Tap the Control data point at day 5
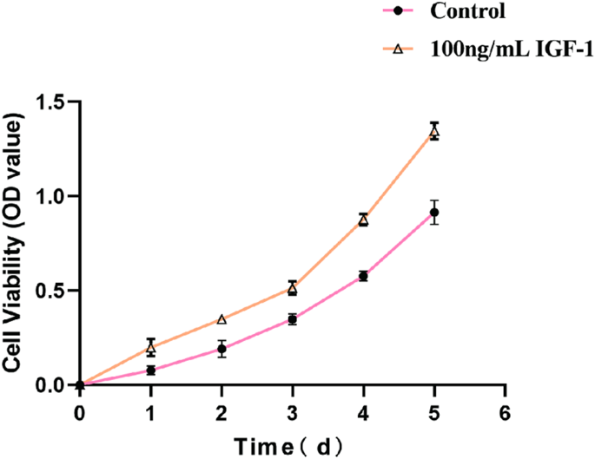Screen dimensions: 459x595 (x=434, y=213)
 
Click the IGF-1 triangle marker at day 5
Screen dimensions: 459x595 (x=434, y=132)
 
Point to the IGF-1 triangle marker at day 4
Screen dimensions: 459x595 (x=363, y=220)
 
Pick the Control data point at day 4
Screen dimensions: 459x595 (x=363, y=276)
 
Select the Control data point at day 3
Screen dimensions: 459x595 (x=293, y=319)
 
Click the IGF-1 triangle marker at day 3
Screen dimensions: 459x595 (x=293, y=288)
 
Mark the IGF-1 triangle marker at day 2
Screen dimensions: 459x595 (x=221, y=319)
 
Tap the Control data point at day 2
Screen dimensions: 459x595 (x=221, y=349)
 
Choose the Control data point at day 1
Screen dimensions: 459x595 (x=151, y=370)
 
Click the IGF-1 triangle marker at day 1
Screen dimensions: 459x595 (x=151, y=348)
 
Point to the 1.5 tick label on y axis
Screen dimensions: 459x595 (x=52, y=103)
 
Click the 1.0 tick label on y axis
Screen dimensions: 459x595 (x=52, y=197)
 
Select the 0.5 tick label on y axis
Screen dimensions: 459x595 (x=52, y=291)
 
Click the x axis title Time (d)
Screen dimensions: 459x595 (x=292, y=445)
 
